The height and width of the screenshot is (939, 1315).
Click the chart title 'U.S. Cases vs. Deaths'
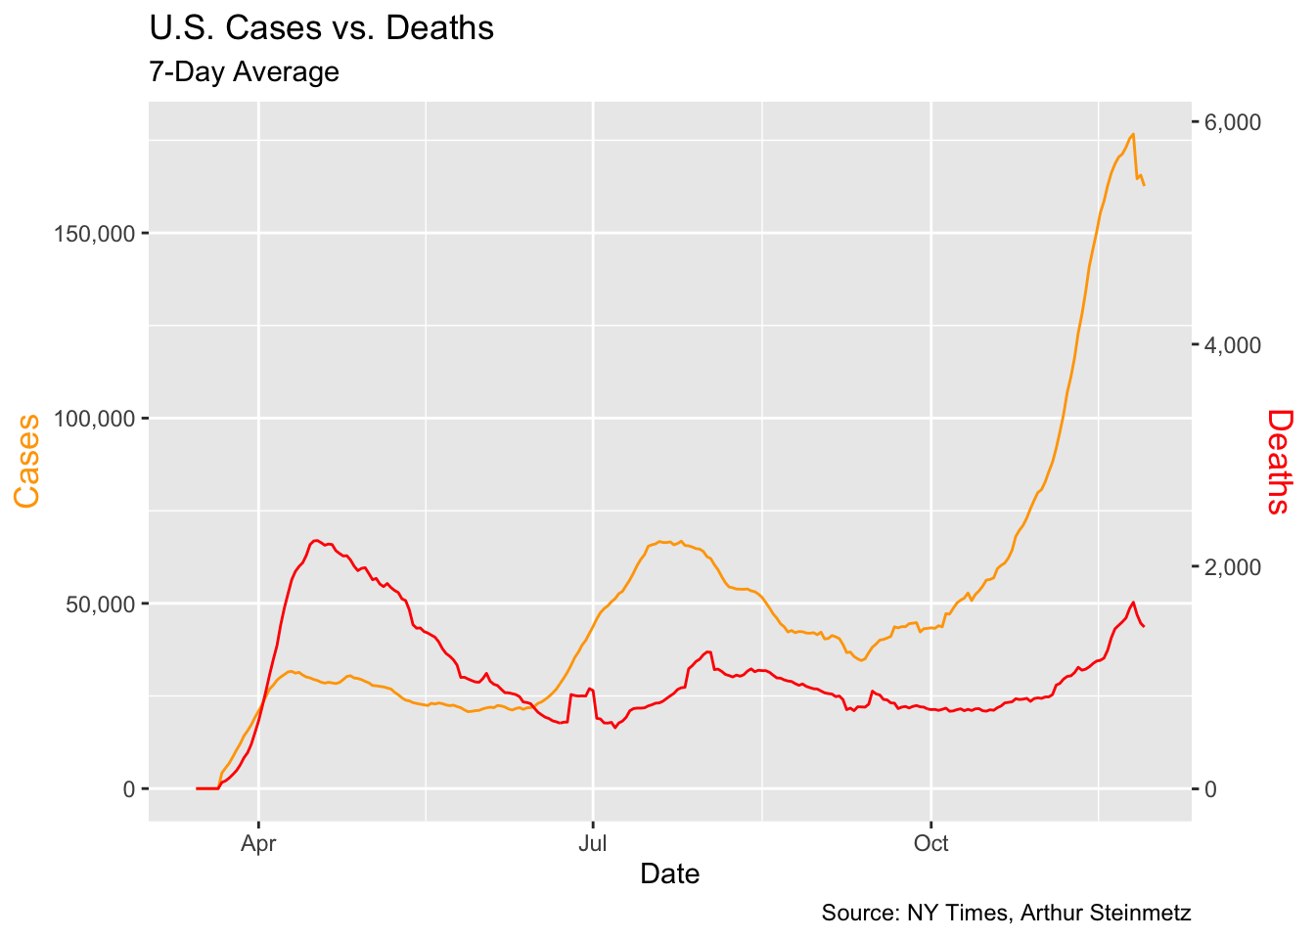point(321,28)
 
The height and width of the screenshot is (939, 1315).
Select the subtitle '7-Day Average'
point(244,72)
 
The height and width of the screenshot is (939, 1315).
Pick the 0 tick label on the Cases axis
point(129,789)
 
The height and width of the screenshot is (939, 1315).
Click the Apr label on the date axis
point(258,844)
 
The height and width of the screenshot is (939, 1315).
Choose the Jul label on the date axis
point(593,844)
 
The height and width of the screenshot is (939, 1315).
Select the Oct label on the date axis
point(930,844)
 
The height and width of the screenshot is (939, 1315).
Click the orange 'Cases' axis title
point(27,461)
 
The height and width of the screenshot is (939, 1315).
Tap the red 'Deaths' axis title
point(1279,461)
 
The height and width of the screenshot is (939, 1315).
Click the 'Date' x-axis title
point(669,873)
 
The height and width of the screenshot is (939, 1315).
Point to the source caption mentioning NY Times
point(1006,914)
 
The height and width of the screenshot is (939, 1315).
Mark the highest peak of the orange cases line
point(1133,134)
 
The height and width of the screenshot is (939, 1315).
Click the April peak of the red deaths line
point(315,540)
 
